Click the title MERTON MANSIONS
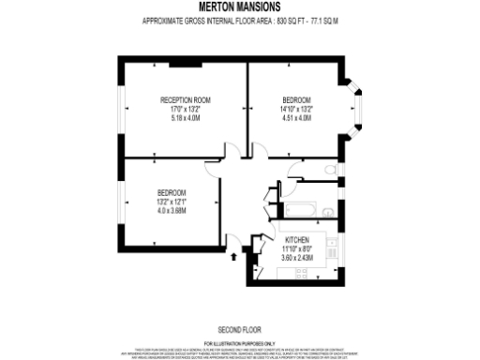click(x=239, y=7)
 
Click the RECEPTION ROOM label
click(x=185, y=99)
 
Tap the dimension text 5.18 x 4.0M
click(x=185, y=118)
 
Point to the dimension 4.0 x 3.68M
click(x=172, y=211)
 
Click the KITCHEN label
click(x=296, y=240)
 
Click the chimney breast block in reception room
click(x=178, y=65)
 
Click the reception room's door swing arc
click(x=232, y=150)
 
